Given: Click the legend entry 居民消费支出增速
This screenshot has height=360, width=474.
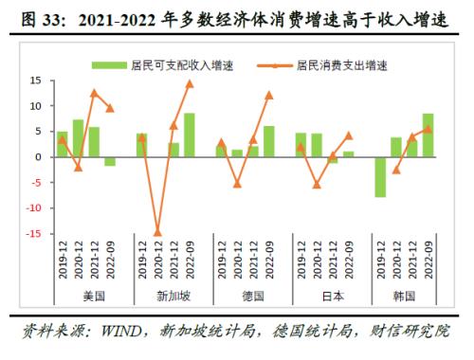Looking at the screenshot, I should [x=341, y=65].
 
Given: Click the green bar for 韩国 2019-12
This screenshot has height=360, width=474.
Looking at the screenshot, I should [x=380, y=177].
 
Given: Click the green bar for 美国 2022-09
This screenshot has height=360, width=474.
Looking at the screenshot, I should [x=110, y=161].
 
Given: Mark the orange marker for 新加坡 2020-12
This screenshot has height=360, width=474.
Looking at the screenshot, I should [x=157, y=232].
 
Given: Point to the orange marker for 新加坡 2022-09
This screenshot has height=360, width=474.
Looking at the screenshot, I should [x=190, y=83].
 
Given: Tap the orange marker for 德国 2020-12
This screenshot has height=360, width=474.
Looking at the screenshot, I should [x=237, y=184].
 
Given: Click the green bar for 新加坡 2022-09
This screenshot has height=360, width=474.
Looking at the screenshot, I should [x=190, y=135].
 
